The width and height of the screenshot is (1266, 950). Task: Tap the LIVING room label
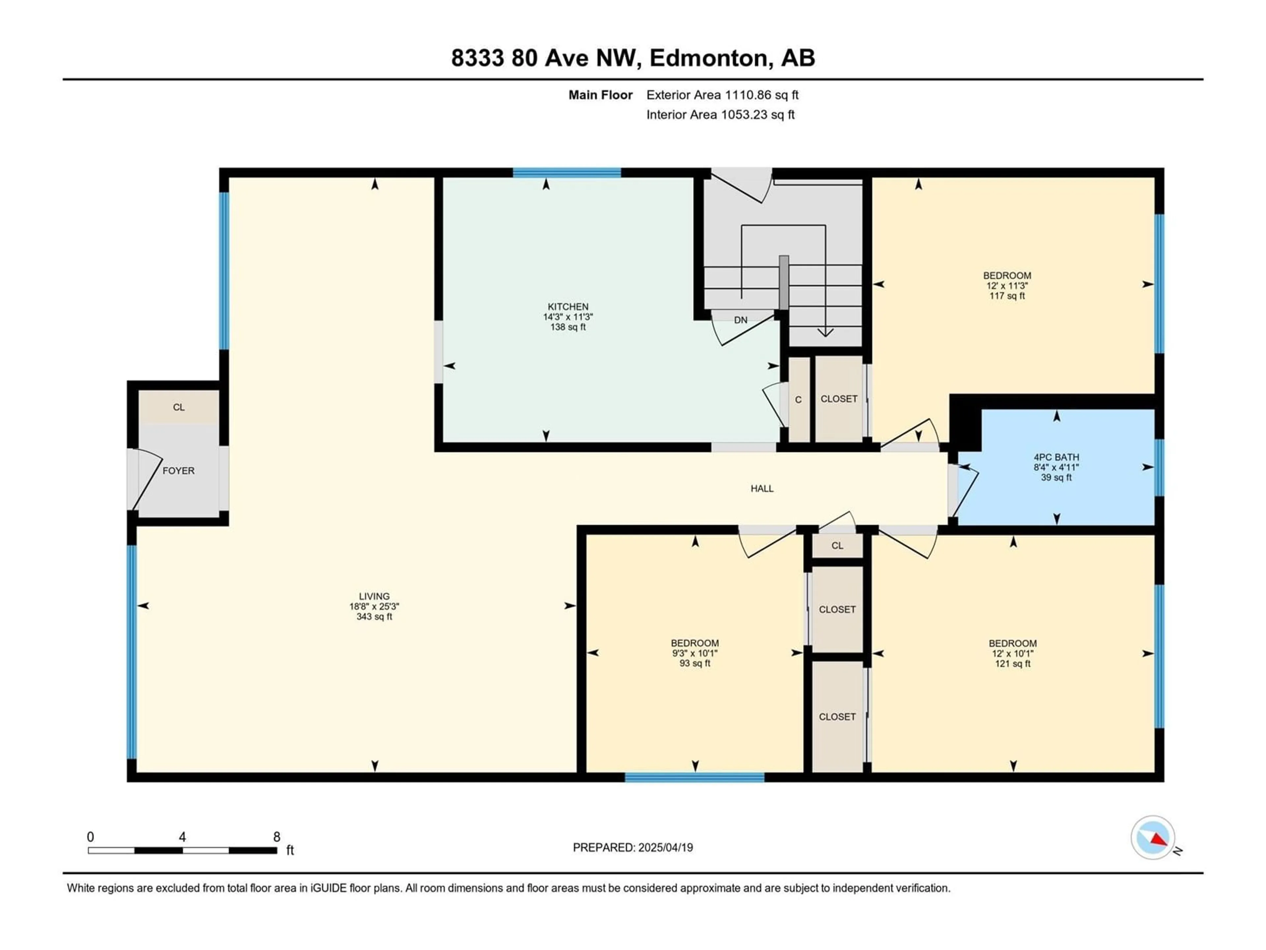point(374,596)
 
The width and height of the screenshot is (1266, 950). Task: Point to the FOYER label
point(179,471)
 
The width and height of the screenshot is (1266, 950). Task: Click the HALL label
point(762,489)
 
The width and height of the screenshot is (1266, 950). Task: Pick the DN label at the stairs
point(740,320)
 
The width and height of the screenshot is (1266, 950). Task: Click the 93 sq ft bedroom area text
point(695,664)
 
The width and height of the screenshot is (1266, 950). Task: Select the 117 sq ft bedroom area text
point(1007,296)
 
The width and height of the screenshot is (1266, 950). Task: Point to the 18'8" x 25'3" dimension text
point(374,606)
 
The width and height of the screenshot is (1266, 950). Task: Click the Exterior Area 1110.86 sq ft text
point(722,95)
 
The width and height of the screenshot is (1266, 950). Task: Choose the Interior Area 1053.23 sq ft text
point(721,114)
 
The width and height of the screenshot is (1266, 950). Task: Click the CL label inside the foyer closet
point(179,407)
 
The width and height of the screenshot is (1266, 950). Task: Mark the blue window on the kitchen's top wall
point(567,173)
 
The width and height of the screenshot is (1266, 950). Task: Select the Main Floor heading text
point(600,95)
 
